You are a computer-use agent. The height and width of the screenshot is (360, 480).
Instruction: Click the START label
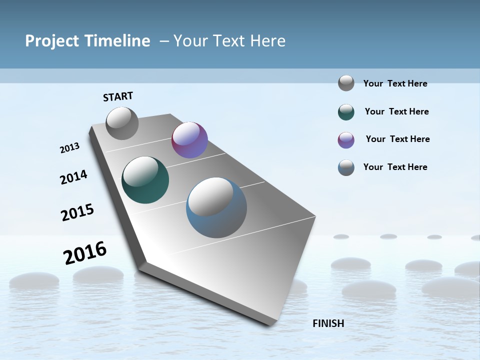tap(118, 96)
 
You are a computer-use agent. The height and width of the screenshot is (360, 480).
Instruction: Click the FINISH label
tap(328, 323)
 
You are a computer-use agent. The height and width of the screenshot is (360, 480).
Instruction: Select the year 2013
tap(69, 147)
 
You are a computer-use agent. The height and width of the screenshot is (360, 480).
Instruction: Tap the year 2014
tap(73, 177)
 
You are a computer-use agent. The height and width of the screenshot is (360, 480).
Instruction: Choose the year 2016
tap(85, 252)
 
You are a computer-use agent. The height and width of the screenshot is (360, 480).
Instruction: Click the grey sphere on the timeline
tap(122, 123)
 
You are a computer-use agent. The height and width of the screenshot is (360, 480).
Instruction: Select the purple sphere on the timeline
tap(189, 140)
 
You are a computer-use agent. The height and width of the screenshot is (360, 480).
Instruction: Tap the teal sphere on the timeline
tap(145, 180)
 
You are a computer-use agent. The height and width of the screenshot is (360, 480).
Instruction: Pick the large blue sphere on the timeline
tap(216, 207)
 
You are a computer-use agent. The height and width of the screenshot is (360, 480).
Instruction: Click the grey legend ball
tap(346, 83)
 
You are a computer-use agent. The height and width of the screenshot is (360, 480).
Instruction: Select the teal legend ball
tap(346, 112)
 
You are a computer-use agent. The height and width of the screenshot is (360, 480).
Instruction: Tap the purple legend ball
tap(346, 140)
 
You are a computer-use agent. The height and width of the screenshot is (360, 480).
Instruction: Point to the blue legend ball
tap(346, 167)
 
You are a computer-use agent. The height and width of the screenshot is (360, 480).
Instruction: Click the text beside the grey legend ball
tap(395, 83)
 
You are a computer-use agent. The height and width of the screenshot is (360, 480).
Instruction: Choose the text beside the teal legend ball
tap(396, 111)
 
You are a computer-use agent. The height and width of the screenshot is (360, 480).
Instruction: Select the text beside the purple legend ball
tap(397, 139)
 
